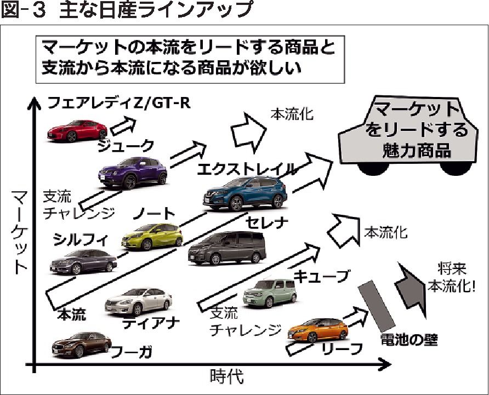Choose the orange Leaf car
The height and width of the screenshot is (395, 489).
tap(319, 330)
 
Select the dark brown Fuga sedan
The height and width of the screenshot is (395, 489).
tap(81, 344)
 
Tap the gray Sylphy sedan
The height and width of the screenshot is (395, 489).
tap(83, 261)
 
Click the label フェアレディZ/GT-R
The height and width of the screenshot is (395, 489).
tap(118, 102)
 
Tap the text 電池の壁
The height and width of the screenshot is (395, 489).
tap(409, 340)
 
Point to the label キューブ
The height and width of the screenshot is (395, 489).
tap(321, 277)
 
